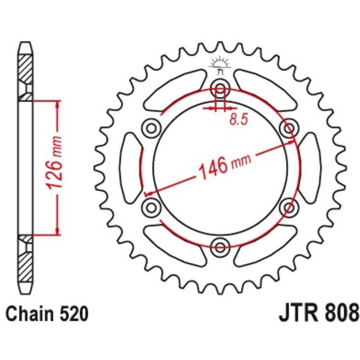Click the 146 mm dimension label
(224, 165)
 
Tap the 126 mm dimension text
(55, 162)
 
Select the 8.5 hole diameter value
(239, 119)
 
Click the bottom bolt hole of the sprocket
(220, 247)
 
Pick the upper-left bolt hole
(151, 128)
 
